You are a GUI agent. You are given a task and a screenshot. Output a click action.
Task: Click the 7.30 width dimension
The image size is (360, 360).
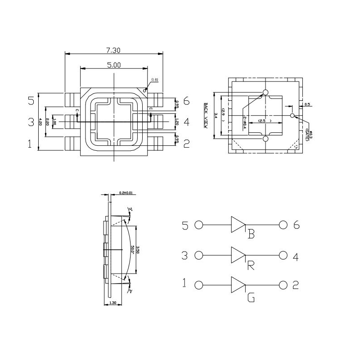[113, 49]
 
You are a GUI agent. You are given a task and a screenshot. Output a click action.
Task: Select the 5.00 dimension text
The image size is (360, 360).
[114, 65]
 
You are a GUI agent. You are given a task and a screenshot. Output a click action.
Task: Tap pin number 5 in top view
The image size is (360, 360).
[31, 100]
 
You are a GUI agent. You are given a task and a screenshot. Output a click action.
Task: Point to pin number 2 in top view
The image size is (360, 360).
[186, 144]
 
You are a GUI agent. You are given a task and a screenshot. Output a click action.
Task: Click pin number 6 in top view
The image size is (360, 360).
[186, 101]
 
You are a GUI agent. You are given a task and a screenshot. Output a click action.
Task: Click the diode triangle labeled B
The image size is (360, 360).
[238, 224]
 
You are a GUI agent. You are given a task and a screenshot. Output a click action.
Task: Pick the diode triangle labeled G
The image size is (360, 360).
[238, 285]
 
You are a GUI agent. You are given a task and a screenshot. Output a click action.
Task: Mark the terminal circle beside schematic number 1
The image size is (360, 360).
[199, 285]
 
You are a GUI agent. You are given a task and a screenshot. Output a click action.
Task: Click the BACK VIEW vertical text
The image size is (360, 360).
[206, 116]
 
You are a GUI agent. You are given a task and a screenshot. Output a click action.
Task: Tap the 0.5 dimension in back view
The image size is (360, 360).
[307, 104]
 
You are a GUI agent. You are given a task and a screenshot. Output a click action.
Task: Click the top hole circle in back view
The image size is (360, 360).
[265, 93]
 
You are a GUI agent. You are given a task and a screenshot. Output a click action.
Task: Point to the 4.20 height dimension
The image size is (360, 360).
[40, 121]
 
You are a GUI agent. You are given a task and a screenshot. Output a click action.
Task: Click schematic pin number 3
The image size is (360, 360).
[184, 256]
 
